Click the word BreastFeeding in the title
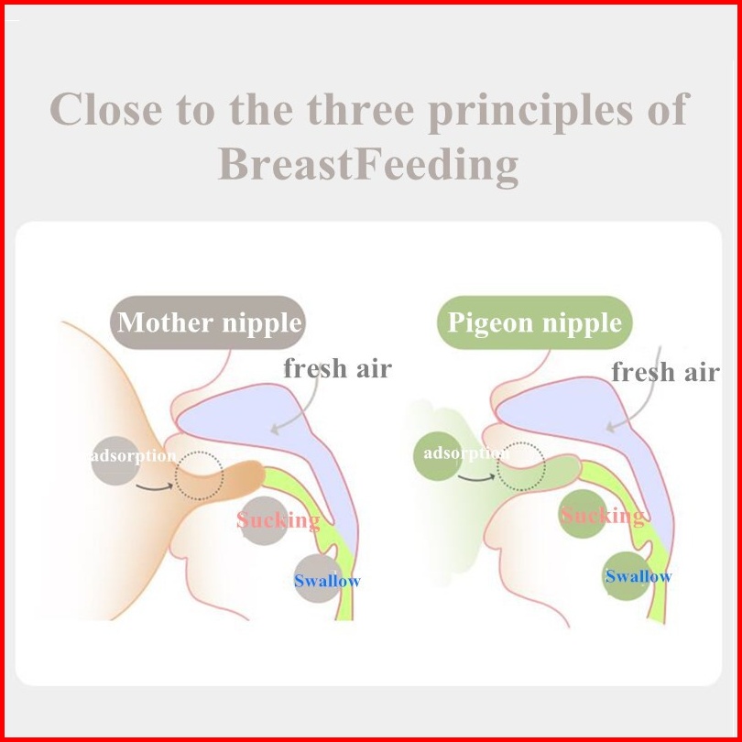point(368,165)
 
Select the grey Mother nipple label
point(208,322)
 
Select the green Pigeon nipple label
point(535,322)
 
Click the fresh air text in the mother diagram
point(337,368)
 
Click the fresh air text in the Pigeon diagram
point(665,372)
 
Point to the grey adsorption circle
point(115,461)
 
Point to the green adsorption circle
point(438,456)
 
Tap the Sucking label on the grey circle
point(278,520)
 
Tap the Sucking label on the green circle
point(603,516)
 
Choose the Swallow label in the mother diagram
point(327,581)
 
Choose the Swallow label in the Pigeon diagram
point(638,576)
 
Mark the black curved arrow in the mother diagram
point(154,488)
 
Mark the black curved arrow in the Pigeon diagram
point(476,479)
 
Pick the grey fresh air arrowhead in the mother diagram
point(275,430)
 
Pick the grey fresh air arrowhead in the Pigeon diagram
point(611,427)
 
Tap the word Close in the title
point(106,110)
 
